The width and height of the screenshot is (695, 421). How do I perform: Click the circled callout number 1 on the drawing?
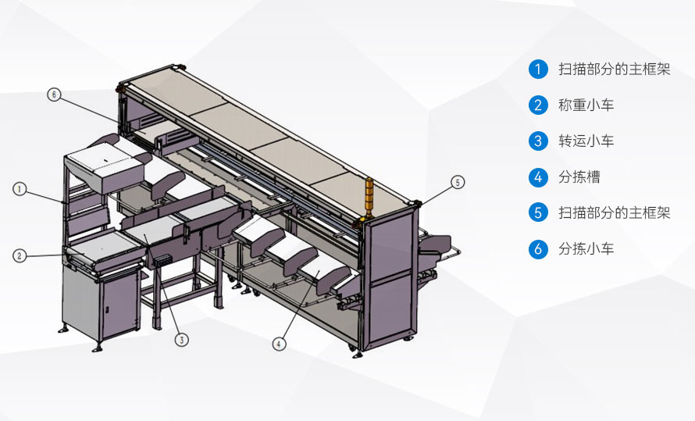(x=20, y=189)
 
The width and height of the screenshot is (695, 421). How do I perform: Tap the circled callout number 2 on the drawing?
(x=20, y=255)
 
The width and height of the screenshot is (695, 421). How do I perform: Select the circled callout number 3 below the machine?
(x=182, y=340)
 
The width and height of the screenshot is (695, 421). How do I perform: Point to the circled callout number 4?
(x=279, y=344)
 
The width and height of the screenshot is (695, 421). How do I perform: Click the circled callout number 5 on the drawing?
(x=458, y=182)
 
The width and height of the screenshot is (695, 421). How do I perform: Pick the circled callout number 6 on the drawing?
(x=54, y=95)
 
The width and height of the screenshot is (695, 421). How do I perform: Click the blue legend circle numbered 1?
(x=538, y=70)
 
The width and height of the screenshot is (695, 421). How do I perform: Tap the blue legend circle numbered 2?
(x=538, y=105)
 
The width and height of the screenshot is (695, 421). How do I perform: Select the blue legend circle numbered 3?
(x=538, y=141)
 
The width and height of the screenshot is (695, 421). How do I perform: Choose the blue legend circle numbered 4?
(x=538, y=177)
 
